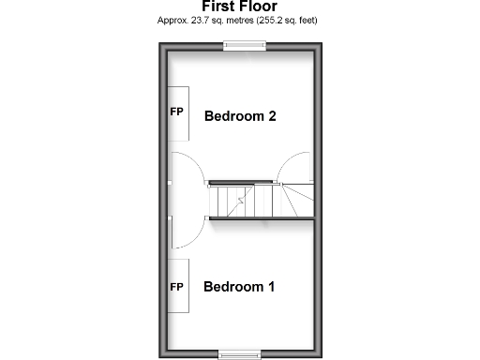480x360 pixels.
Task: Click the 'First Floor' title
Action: [239, 7]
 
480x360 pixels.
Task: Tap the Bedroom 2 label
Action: [239, 117]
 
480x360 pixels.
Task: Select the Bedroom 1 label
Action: [239, 287]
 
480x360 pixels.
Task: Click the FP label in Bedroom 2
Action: [176, 112]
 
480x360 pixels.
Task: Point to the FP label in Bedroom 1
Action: [176, 286]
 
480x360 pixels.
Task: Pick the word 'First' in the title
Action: [219, 7]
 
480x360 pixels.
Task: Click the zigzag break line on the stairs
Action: [241, 200]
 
